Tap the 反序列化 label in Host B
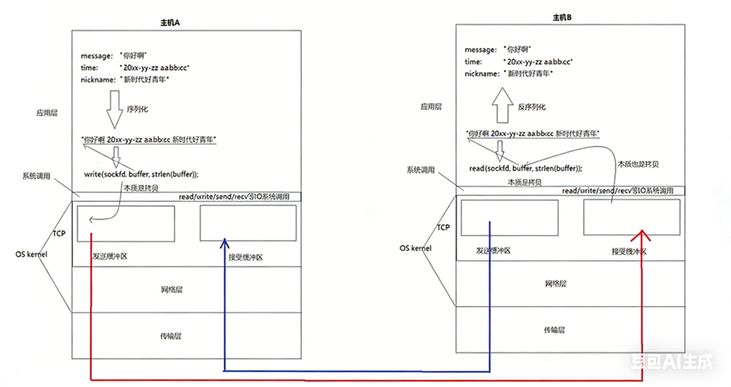tap(532, 107)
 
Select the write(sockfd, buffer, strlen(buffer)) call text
tap(141, 174)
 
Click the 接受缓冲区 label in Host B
tap(630, 252)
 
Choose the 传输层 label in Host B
tap(554, 329)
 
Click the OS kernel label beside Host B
tap(416, 248)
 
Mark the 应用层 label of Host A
tap(45, 110)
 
